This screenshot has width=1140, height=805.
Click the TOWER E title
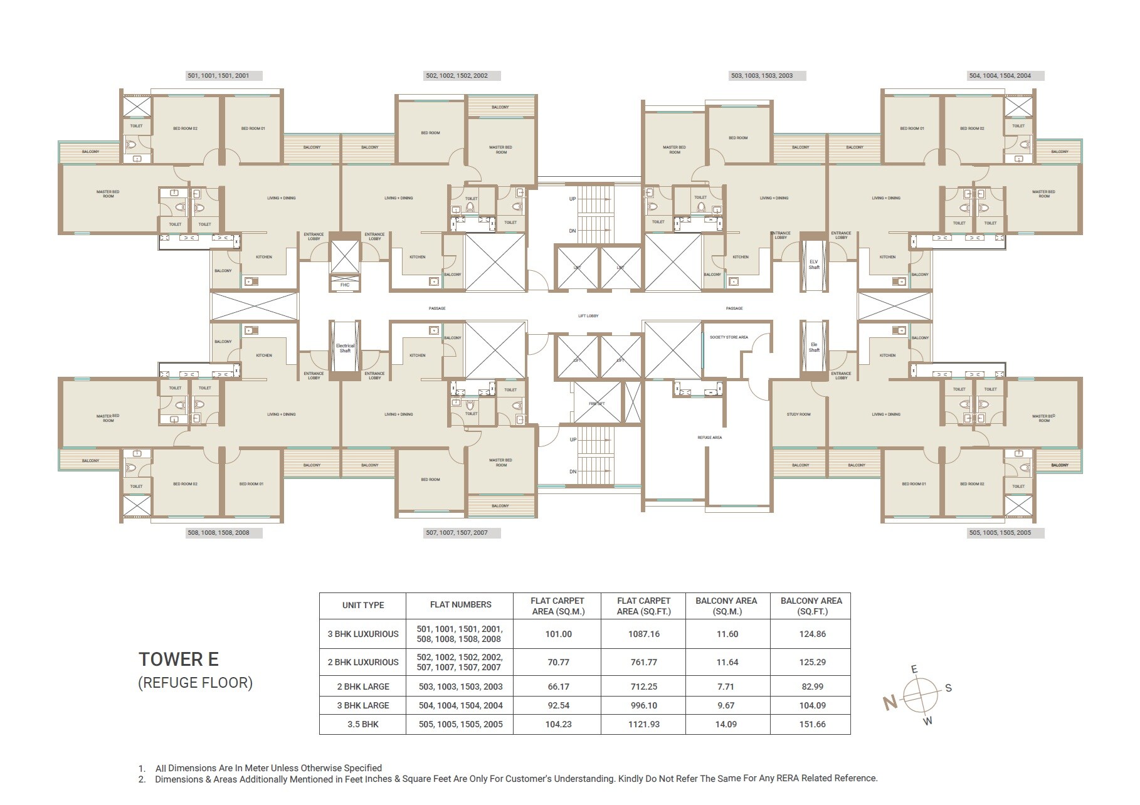click(x=179, y=660)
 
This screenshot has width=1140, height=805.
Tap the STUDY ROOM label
click(x=798, y=414)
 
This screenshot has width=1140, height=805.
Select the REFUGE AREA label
click(x=709, y=438)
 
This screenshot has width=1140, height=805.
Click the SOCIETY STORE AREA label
click(x=729, y=337)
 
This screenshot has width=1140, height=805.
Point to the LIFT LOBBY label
click(x=588, y=316)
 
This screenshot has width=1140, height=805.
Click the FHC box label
click(x=345, y=285)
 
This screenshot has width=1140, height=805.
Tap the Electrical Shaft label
click(x=345, y=348)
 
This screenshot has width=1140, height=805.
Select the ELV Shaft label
click(x=814, y=265)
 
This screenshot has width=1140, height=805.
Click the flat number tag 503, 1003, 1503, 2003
click(x=761, y=76)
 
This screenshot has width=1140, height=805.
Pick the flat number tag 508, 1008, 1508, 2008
click(x=218, y=533)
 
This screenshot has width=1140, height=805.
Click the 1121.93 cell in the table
click(x=643, y=724)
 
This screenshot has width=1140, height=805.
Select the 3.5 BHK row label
click(x=363, y=724)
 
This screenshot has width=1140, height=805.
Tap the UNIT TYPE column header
click(x=363, y=605)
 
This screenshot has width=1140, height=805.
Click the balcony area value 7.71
click(x=727, y=687)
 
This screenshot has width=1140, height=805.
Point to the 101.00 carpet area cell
click(x=558, y=634)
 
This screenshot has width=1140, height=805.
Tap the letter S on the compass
click(x=948, y=688)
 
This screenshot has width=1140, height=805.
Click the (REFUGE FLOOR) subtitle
click(x=195, y=683)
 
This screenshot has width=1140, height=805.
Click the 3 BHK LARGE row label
click(x=363, y=705)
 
